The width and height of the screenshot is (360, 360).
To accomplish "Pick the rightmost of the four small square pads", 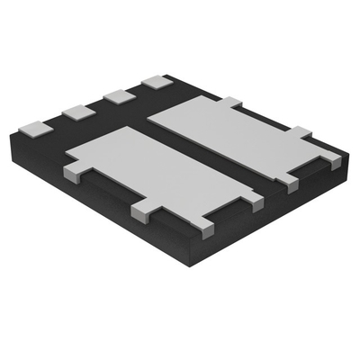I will tap(157, 81).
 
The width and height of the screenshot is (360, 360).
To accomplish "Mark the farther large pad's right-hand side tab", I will tap(298, 133).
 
